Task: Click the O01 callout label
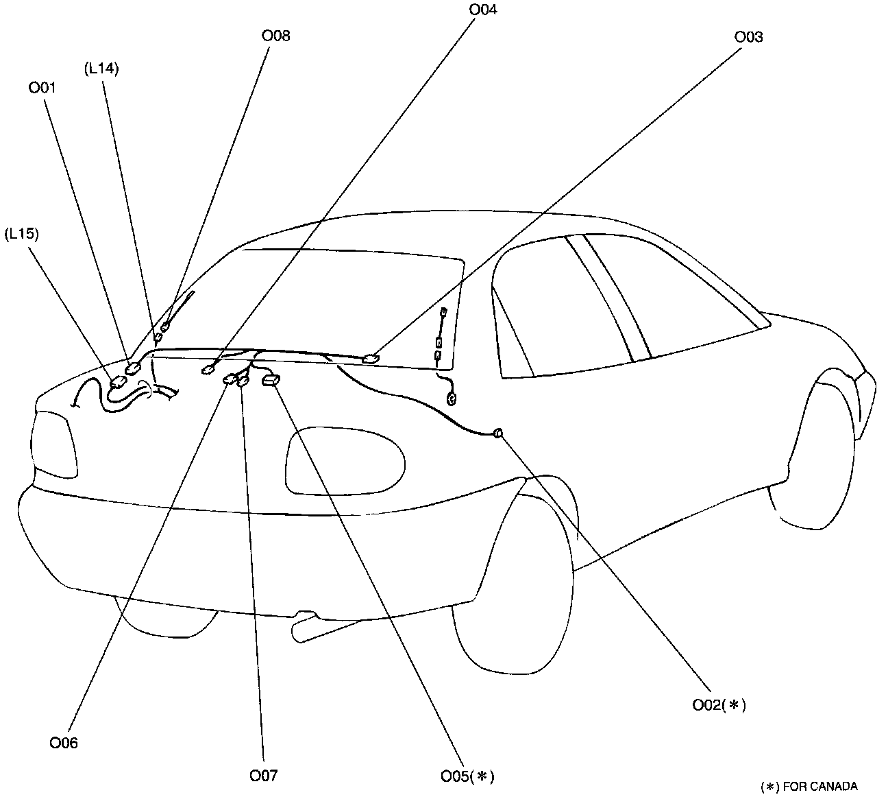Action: tap(42, 87)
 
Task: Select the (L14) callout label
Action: tap(101, 68)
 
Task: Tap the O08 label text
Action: tap(275, 36)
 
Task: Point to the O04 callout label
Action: tap(483, 10)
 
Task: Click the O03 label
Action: tap(748, 36)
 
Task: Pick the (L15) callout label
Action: tap(21, 233)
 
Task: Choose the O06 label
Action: tap(63, 742)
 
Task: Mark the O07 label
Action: tap(263, 775)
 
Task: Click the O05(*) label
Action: tap(467, 776)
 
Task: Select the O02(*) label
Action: tap(718, 704)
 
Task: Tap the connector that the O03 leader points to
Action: tap(371, 358)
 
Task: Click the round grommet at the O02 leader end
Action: tap(498, 433)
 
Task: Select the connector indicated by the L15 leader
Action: tap(118, 381)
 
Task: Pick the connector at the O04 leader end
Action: tap(208, 370)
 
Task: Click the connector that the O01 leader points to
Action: tap(133, 366)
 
